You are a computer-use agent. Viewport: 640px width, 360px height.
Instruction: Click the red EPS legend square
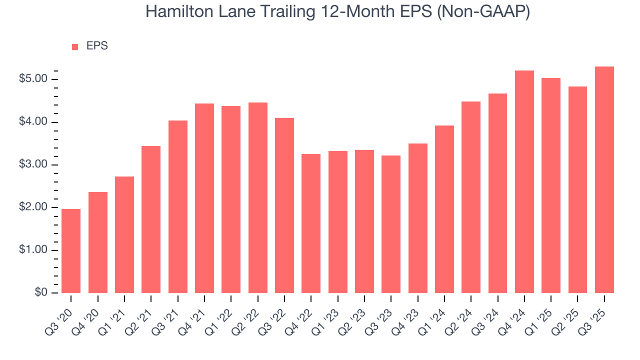(x=75, y=46)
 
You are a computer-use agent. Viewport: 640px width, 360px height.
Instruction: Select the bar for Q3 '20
(x=71, y=251)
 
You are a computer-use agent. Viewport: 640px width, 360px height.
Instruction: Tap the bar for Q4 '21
(x=204, y=198)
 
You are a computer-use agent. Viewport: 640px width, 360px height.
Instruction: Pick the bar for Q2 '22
(x=258, y=197)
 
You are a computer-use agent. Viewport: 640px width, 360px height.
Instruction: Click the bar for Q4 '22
(x=311, y=223)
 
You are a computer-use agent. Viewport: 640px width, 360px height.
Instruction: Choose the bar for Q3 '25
(x=604, y=179)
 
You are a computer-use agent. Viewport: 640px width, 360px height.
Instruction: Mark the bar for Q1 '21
(x=124, y=234)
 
